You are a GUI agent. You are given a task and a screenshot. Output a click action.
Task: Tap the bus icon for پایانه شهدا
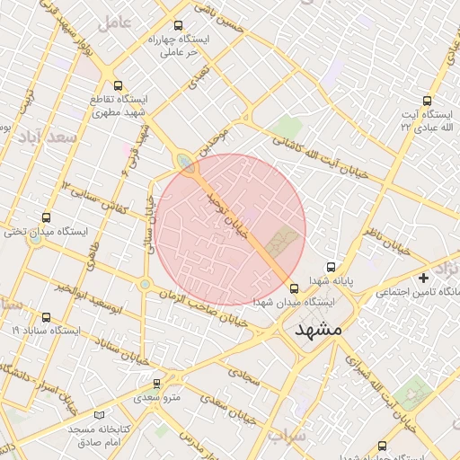(331, 267)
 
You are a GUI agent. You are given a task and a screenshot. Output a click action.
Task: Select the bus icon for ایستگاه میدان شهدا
(295, 287)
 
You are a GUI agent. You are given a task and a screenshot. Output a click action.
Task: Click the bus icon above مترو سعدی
(157, 383)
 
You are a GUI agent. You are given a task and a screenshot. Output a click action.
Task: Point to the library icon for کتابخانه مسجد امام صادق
(99, 415)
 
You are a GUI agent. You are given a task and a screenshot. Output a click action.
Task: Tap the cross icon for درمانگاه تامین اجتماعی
(423, 279)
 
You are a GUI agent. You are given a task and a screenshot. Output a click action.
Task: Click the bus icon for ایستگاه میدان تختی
(47, 217)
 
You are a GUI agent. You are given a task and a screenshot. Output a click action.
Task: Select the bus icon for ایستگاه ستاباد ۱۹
(47, 317)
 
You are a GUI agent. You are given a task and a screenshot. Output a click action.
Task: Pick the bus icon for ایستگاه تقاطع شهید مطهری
(119, 84)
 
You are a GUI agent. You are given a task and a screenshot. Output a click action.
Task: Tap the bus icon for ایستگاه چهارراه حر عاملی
(178, 26)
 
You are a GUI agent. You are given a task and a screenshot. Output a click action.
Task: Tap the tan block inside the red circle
(282, 240)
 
